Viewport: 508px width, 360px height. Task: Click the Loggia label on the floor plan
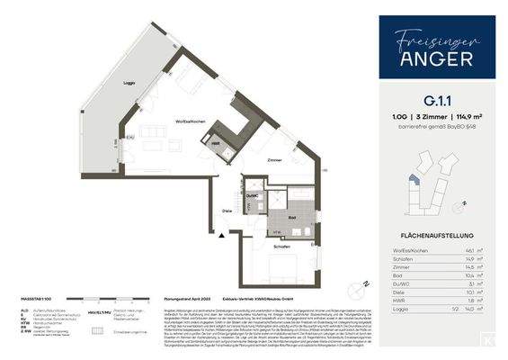coord(131,83)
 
